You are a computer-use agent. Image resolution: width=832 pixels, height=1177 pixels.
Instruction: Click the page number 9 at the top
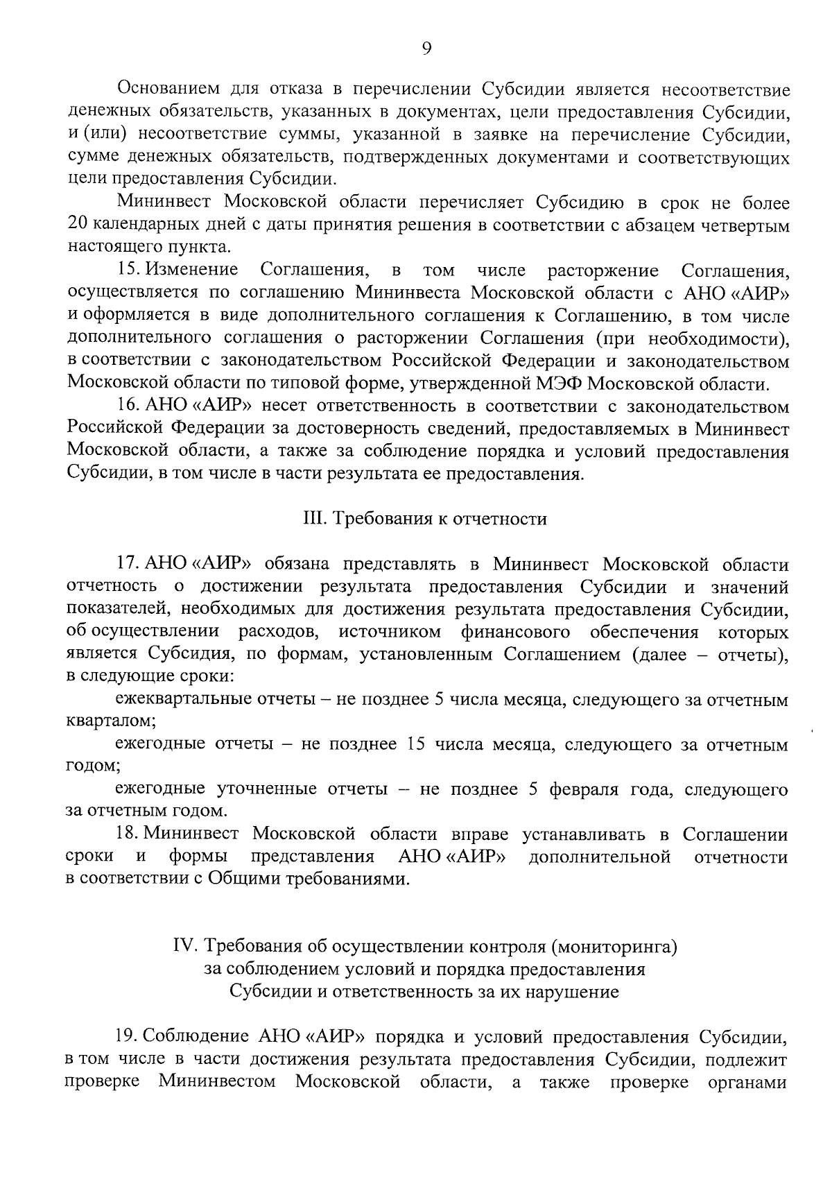point(426,47)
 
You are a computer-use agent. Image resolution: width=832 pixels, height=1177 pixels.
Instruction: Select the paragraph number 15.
point(128,270)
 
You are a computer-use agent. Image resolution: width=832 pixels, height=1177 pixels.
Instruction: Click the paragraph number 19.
point(128,1037)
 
